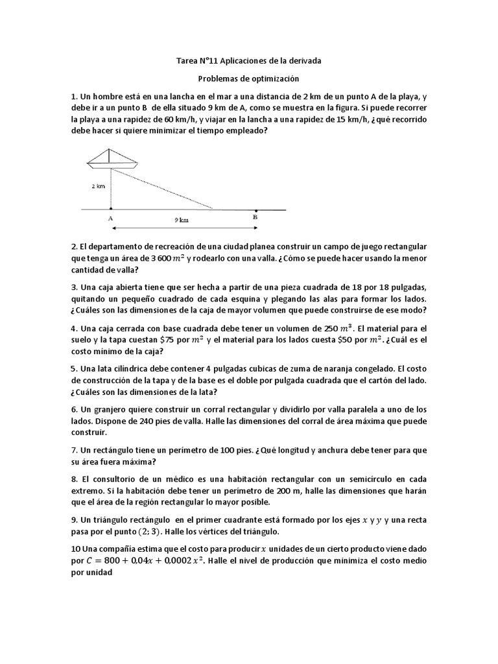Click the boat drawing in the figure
pyautogui.click(x=112, y=158)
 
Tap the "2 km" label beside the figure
pyautogui.click(x=98, y=185)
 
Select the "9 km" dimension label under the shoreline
pyautogui.click(x=182, y=220)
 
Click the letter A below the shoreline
pyautogui.click(x=110, y=219)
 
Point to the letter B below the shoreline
pyautogui.click(x=255, y=219)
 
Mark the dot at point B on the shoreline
pyautogui.click(x=255, y=209)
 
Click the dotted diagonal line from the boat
pyautogui.click(x=162, y=189)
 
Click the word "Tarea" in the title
pyautogui.click(x=188, y=60)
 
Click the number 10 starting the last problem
pyautogui.click(x=75, y=549)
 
